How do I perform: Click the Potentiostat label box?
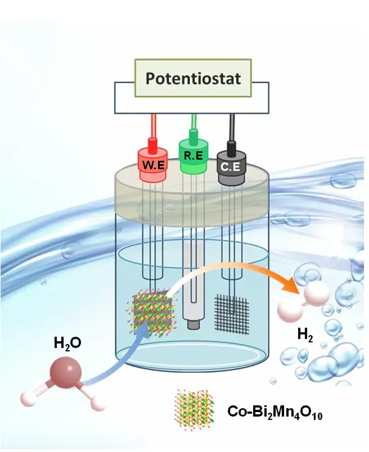[x=193, y=78]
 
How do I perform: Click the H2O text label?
[x=67, y=343]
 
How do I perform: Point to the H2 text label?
[x=305, y=335]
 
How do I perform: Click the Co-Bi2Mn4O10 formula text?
[x=274, y=412]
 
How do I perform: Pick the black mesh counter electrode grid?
[x=232, y=314]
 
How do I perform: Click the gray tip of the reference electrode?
[x=193, y=324]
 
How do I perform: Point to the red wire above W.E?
[x=154, y=126]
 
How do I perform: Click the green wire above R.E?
[x=194, y=121]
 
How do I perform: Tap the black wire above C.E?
[x=231, y=128]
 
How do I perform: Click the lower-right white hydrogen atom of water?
[x=97, y=402]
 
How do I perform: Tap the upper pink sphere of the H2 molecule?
[x=317, y=293]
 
